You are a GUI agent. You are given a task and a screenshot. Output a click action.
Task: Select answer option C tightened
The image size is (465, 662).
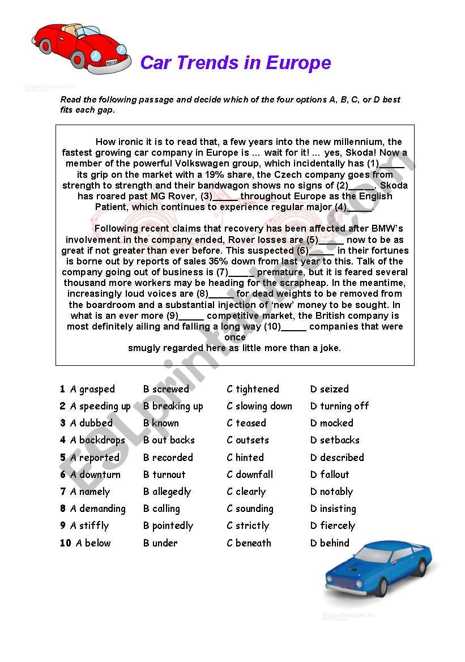click(x=253, y=389)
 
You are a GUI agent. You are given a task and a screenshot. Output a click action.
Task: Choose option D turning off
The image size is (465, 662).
click(x=339, y=406)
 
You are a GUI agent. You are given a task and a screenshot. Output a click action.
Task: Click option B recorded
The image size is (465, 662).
click(x=168, y=458)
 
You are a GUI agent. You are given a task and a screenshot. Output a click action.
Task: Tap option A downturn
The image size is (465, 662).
click(x=95, y=475)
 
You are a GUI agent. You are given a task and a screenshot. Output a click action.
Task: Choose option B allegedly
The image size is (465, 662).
click(x=167, y=492)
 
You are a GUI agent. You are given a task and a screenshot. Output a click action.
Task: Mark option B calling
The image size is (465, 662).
click(x=161, y=509)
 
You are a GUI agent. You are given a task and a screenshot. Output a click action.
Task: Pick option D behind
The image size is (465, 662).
click(x=330, y=543)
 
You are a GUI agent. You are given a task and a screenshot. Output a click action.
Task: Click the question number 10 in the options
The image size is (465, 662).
click(x=66, y=543)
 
